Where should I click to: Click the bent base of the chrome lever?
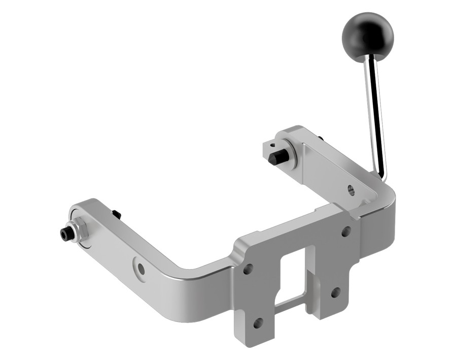tap(381, 173)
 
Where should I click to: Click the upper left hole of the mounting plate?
tap(249, 269)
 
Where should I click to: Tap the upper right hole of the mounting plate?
tap(346, 231)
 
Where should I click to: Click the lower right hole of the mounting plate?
tap(335, 292)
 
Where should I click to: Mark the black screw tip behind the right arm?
tap(321, 138)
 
